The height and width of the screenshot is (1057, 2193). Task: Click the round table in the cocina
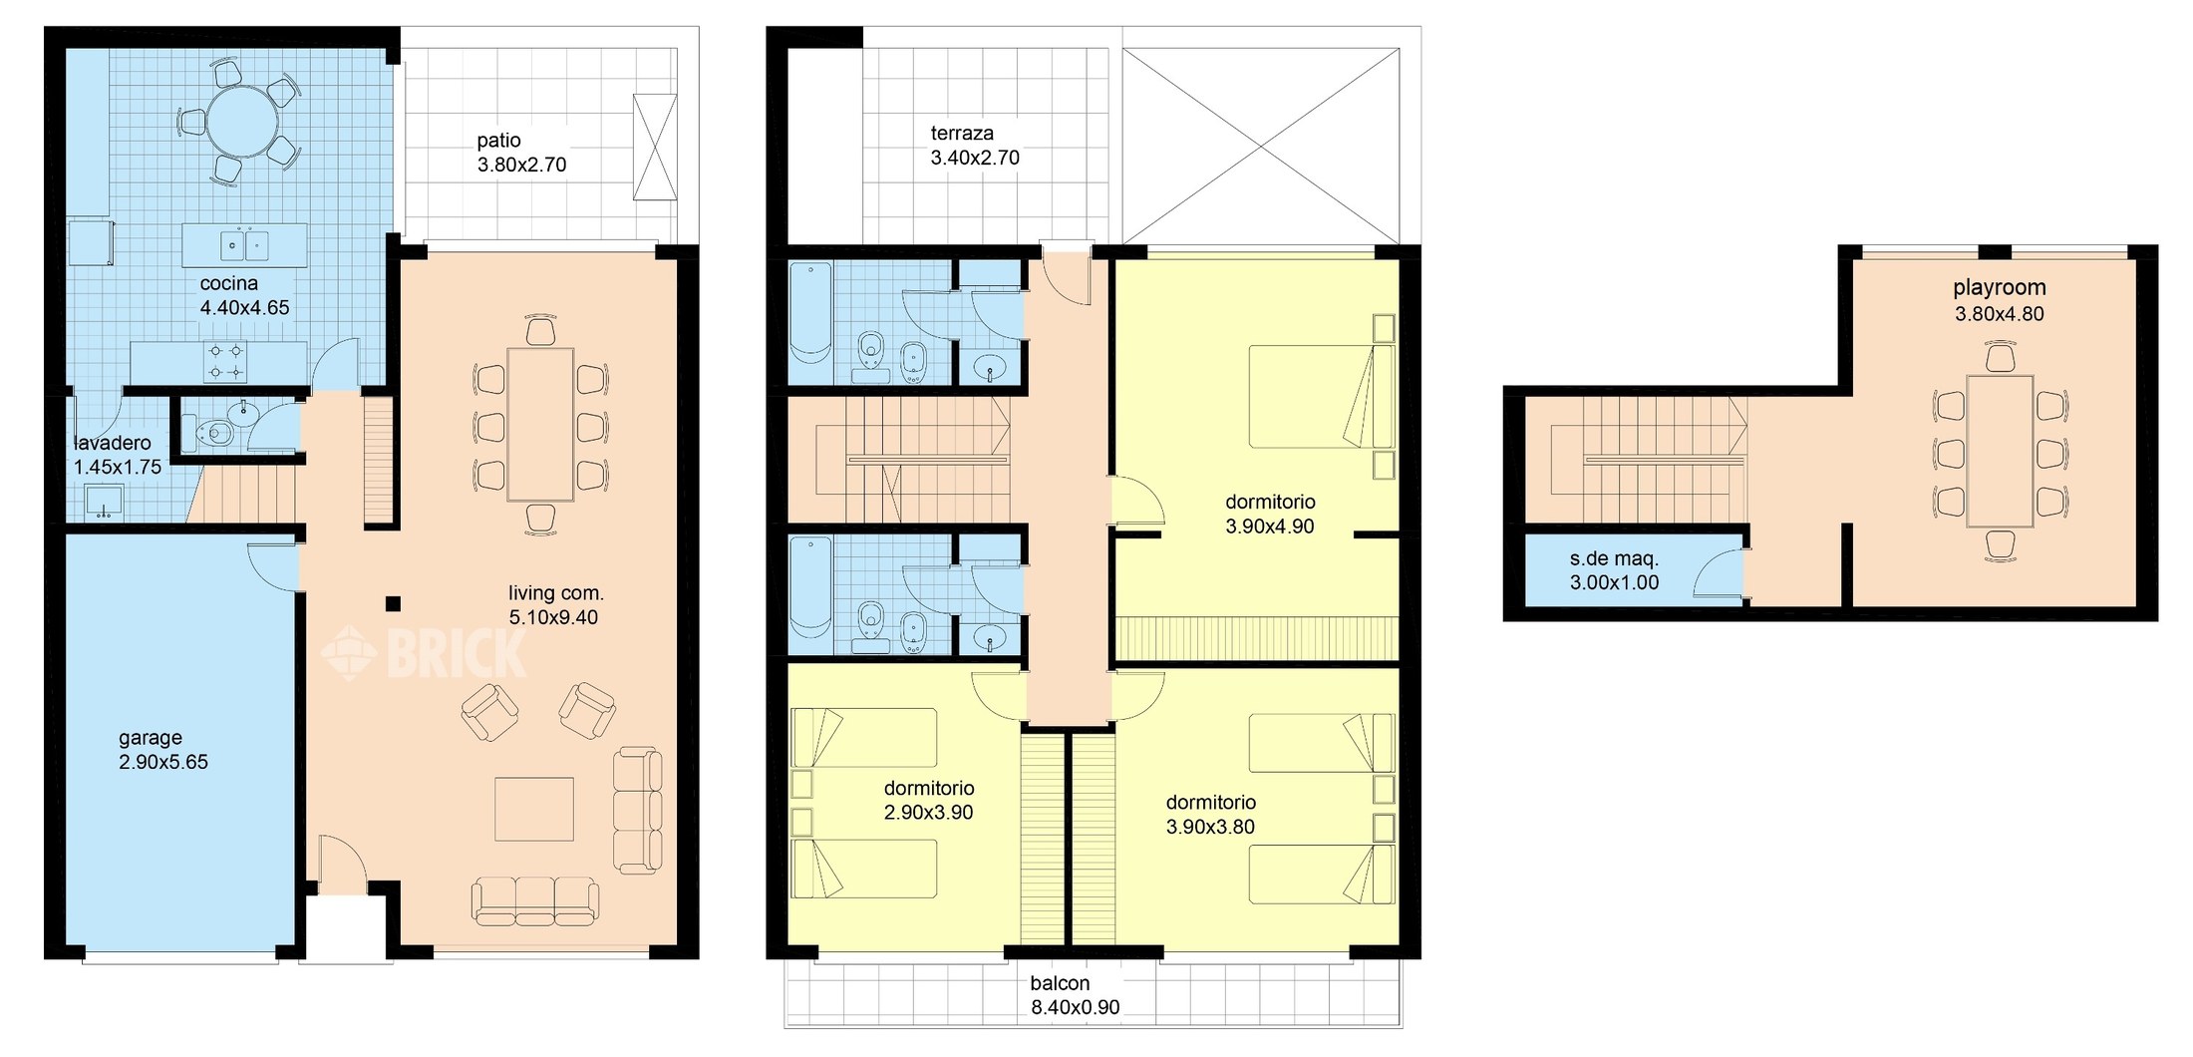(x=242, y=124)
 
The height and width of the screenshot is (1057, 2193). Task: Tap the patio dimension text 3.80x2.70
(x=521, y=166)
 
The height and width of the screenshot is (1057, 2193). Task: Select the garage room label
(x=151, y=738)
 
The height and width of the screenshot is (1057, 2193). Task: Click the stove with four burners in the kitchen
(x=225, y=362)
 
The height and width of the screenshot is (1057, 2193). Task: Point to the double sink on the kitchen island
(x=244, y=244)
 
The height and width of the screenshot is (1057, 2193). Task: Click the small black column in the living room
(x=393, y=603)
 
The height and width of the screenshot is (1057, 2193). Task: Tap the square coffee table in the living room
(x=534, y=810)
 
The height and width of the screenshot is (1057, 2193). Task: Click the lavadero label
(x=113, y=443)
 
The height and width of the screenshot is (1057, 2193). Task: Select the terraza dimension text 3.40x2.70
(x=975, y=158)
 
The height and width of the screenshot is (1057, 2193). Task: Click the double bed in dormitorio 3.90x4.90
(x=1321, y=396)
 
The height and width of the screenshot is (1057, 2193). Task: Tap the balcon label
(x=1060, y=983)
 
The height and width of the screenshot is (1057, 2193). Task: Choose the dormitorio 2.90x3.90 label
(x=929, y=789)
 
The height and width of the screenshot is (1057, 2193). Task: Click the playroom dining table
(x=2000, y=452)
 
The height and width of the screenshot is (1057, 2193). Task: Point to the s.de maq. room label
(x=1614, y=559)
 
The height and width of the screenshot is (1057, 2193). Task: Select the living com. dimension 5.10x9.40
(x=553, y=618)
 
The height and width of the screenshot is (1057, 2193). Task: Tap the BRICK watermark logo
(x=424, y=651)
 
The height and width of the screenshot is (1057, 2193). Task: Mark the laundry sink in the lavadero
(x=104, y=502)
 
